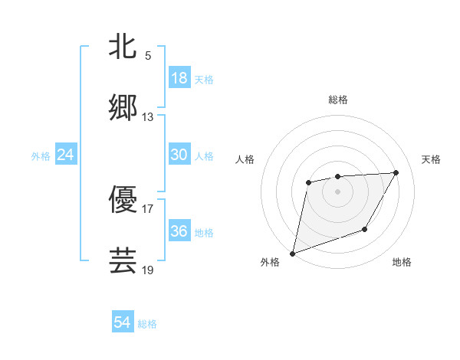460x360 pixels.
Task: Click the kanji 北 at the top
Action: click(123, 46)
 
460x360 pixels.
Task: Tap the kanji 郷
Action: click(123, 108)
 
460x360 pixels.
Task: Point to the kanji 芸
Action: click(123, 260)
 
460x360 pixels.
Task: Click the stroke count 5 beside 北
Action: click(148, 55)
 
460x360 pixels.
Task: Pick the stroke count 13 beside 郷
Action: click(148, 117)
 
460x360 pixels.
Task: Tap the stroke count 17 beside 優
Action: click(148, 208)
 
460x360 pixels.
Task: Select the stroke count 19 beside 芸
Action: click(148, 270)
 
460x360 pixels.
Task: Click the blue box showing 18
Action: click(179, 78)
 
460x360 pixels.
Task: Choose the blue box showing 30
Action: click(179, 155)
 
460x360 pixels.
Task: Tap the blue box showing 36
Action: click(179, 231)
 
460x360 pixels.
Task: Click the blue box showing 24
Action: click(66, 155)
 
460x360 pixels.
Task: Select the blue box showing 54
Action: click(123, 322)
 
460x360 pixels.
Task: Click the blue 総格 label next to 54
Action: click(147, 324)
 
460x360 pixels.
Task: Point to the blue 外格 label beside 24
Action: click(41, 156)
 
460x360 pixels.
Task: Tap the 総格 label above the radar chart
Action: click(338, 100)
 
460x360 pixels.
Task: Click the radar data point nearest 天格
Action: click(396, 172)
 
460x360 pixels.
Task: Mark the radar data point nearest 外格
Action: click(292, 253)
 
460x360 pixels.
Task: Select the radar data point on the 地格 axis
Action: click(365, 229)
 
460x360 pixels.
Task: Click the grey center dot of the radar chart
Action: click(337, 191)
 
